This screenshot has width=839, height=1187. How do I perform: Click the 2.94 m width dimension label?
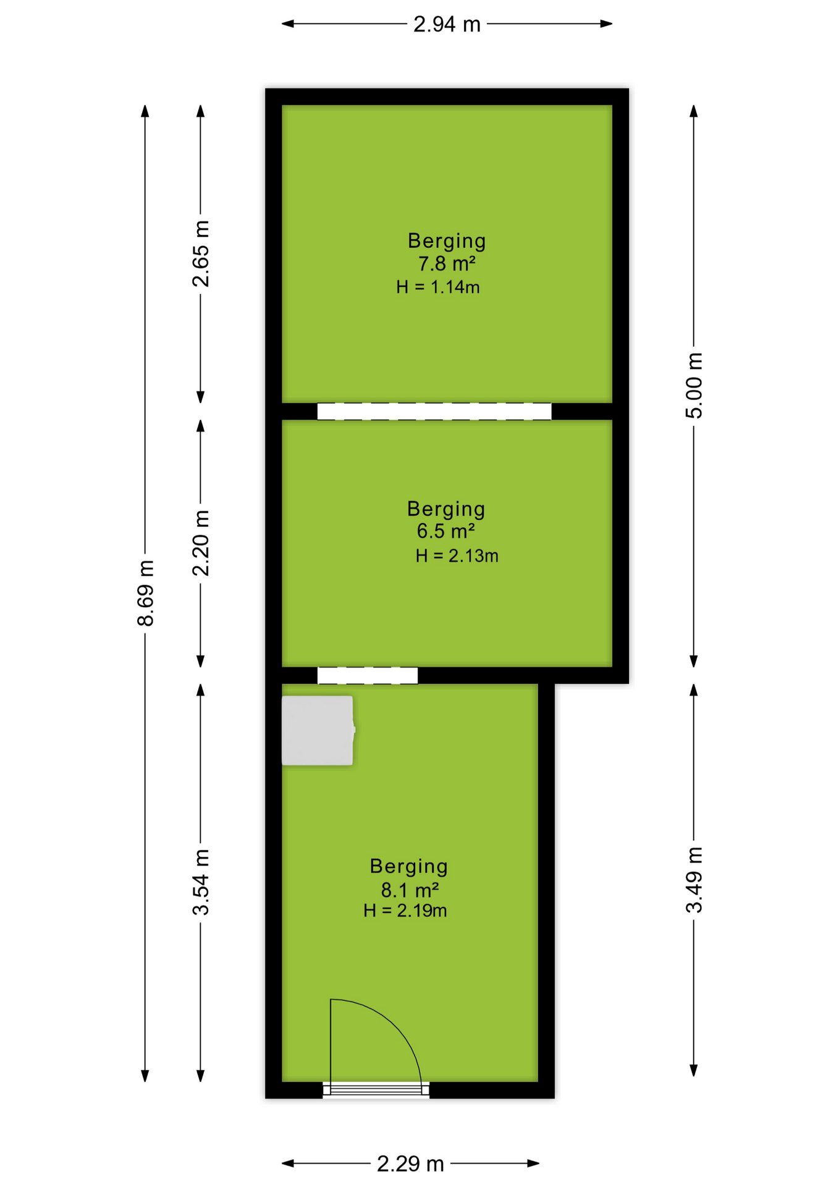tap(447, 24)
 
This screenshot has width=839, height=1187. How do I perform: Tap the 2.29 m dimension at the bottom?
tap(410, 1164)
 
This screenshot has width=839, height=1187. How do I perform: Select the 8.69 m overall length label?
tap(146, 593)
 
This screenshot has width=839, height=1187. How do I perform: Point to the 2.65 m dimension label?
tap(201, 253)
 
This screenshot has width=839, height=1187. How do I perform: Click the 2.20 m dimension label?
tap(201, 543)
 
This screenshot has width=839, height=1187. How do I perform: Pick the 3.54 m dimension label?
tap(201, 882)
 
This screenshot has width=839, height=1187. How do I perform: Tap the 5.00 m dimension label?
tap(694, 386)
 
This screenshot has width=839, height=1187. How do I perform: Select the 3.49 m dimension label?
tap(694, 880)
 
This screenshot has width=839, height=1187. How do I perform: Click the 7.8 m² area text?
tap(447, 263)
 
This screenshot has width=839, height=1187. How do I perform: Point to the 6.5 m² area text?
tap(445, 531)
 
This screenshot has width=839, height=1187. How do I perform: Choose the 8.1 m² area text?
tap(410, 890)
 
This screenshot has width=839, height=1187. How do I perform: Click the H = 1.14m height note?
tap(438, 287)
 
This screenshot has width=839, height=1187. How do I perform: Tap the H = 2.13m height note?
tap(457, 556)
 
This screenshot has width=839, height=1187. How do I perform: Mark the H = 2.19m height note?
tap(405, 911)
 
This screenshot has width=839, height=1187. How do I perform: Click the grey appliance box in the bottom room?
tap(318, 731)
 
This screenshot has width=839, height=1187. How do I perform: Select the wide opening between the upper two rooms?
tap(434, 411)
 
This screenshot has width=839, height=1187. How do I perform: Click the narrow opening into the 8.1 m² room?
tap(368, 676)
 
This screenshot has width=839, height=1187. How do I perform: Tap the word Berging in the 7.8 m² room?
tap(447, 241)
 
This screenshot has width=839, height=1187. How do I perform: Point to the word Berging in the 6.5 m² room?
tap(446, 509)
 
